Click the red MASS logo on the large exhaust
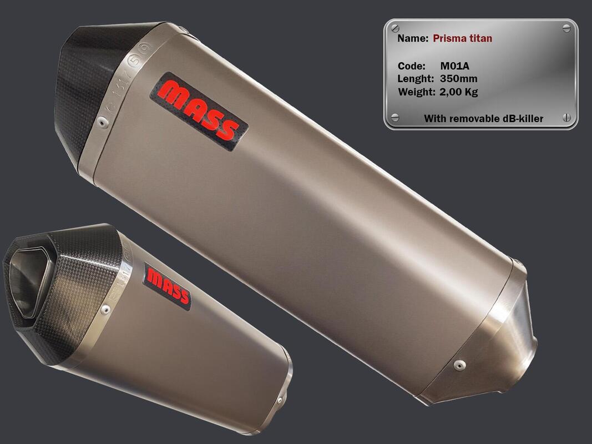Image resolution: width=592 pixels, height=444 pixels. coord(199,111)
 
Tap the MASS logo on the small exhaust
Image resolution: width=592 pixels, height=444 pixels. coord(167,286)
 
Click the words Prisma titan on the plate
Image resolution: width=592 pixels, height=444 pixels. coord(463,38)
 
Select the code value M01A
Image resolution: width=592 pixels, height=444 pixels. coord(454,66)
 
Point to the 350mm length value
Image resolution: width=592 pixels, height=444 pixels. coord(458,79)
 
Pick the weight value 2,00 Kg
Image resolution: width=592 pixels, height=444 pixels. coord(459,92)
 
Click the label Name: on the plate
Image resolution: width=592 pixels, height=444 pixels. coord(413,38)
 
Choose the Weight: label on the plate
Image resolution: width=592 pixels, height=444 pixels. coord(417,92)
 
